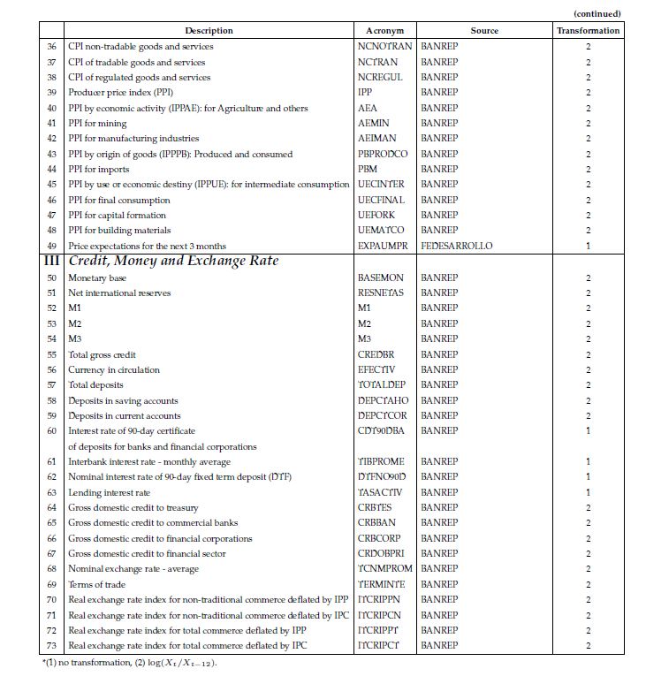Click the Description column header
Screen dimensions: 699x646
tap(209, 30)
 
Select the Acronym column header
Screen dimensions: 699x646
tap(384, 30)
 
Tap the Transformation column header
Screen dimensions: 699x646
tap(588, 30)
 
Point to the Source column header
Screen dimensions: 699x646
tap(483, 30)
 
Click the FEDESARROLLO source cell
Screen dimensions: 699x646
tap(456, 246)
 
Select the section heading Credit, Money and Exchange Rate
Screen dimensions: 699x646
tap(173, 261)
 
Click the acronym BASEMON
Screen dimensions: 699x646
tap(380, 277)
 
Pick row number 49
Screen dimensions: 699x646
tap(51, 246)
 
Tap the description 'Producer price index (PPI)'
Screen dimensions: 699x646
tap(120, 92)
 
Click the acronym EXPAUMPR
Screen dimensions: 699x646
tap(383, 246)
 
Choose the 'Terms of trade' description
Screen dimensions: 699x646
tap(96, 584)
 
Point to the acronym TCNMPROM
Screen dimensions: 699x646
tap(385, 569)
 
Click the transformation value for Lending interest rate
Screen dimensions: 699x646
tap(588, 492)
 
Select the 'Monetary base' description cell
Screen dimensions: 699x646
tap(97, 277)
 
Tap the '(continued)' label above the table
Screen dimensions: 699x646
tap(597, 13)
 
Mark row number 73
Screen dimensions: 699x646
tap(51, 645)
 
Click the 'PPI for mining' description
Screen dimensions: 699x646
tap(97, 123)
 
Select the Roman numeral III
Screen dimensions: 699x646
tap(51, 261)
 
